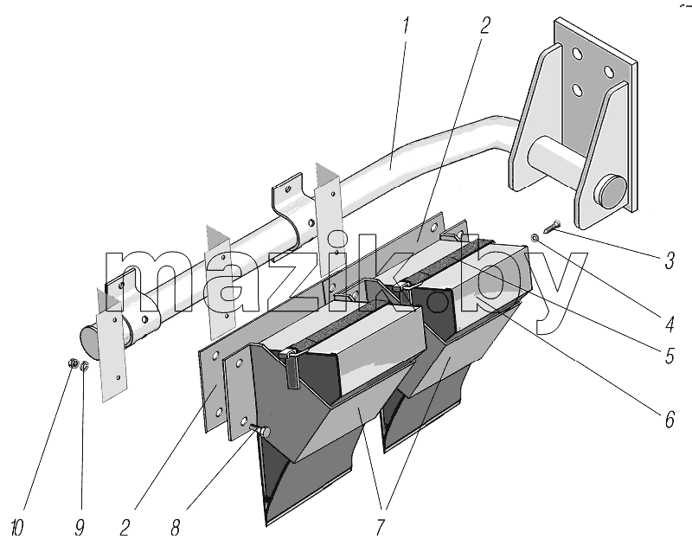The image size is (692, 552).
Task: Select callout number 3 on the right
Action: [670, 260]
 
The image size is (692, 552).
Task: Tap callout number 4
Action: [669, 324]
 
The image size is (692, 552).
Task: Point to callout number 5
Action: [670, 356]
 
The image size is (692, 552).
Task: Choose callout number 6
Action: [670, 420]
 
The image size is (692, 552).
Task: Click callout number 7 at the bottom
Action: [380, 527]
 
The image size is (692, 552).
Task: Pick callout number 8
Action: [176, 527]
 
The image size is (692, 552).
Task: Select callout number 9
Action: [80, 527]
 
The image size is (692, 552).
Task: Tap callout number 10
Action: [16, 527]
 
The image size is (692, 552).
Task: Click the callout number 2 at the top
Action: [484, 25]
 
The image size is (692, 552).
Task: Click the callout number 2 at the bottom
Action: [125, 527]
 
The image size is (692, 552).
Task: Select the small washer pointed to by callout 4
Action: [535, 239]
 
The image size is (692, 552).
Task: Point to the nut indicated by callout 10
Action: [74, 363]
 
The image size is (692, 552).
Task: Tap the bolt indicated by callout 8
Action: [260, 430]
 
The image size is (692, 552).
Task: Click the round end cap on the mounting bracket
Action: [611, 193]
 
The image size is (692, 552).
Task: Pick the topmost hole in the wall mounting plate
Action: [577, 54]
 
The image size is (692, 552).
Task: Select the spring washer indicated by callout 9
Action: [85, 366]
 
